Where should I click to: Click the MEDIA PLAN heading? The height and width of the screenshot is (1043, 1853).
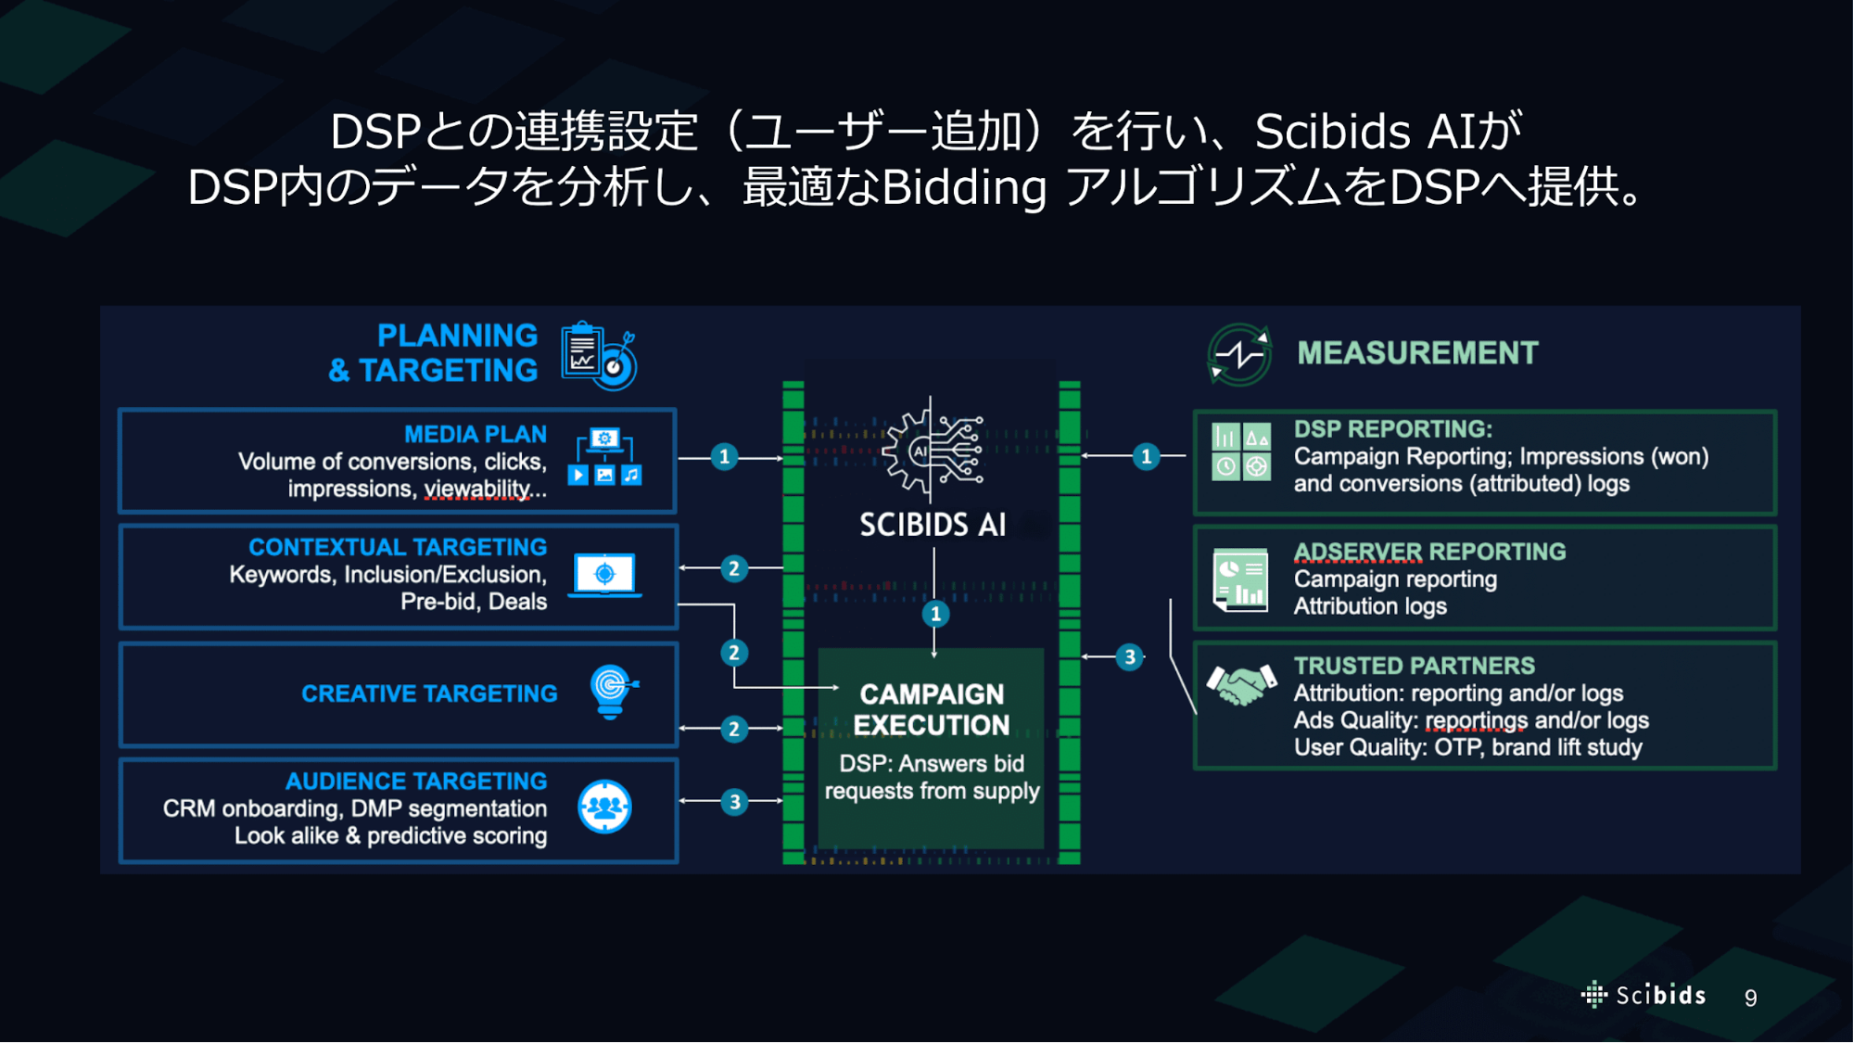pos(476,434)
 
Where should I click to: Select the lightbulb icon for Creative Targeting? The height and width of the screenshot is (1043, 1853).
pos(612,692)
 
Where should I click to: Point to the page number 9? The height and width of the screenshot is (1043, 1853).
pos(1750,998)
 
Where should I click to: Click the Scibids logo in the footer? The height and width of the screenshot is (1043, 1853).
pos(1643,995)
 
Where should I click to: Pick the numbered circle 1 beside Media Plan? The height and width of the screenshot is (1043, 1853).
pos(725,457)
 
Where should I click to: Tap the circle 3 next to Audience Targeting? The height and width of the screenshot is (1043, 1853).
pos(734,801)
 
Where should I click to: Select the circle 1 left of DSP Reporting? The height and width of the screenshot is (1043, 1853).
pos(1147,456)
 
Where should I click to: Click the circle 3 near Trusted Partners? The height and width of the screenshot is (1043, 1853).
pos(1129,657)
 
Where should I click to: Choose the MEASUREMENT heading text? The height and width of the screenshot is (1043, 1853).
pos(1417,353)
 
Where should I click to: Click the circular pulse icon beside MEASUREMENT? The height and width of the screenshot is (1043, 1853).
pos(1239,354)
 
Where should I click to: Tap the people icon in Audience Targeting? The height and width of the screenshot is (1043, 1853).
pos(604,807)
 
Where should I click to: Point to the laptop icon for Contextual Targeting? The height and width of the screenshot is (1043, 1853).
pos(604,575)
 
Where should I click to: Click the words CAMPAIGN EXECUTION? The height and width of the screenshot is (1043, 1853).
pos(932,710)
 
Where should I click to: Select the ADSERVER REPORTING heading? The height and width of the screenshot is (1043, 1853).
pos(1429,552)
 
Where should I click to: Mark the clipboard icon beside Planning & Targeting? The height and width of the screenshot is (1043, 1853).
pos(599,355)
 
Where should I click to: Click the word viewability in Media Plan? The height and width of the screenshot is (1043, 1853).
pos(477,489)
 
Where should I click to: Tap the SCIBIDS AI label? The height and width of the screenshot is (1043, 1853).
pos(933,525)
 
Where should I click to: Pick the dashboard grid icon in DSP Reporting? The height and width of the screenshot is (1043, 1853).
pos(1241,451)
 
